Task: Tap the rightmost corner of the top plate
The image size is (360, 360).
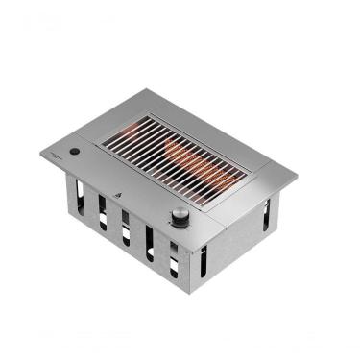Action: pos(297,177)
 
